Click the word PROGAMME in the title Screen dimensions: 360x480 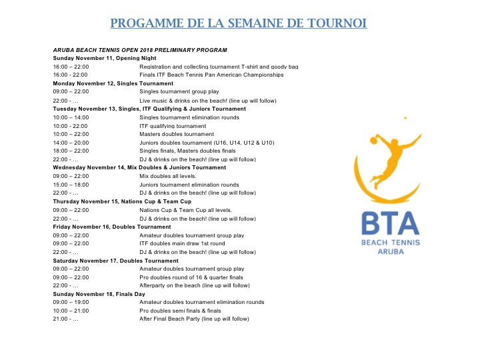pos(143,24)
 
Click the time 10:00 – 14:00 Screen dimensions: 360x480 pos(71,117)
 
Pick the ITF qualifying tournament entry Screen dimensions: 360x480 pos(173,126)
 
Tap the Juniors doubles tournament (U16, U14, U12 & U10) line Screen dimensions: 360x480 pos(207,143)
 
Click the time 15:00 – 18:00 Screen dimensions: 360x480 pos(71,185)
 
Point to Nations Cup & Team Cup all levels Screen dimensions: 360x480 pos(186,210)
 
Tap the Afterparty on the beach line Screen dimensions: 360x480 pos(195,285)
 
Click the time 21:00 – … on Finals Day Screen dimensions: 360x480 pos(66,319)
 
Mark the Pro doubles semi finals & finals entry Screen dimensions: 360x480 pos(180,311)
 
